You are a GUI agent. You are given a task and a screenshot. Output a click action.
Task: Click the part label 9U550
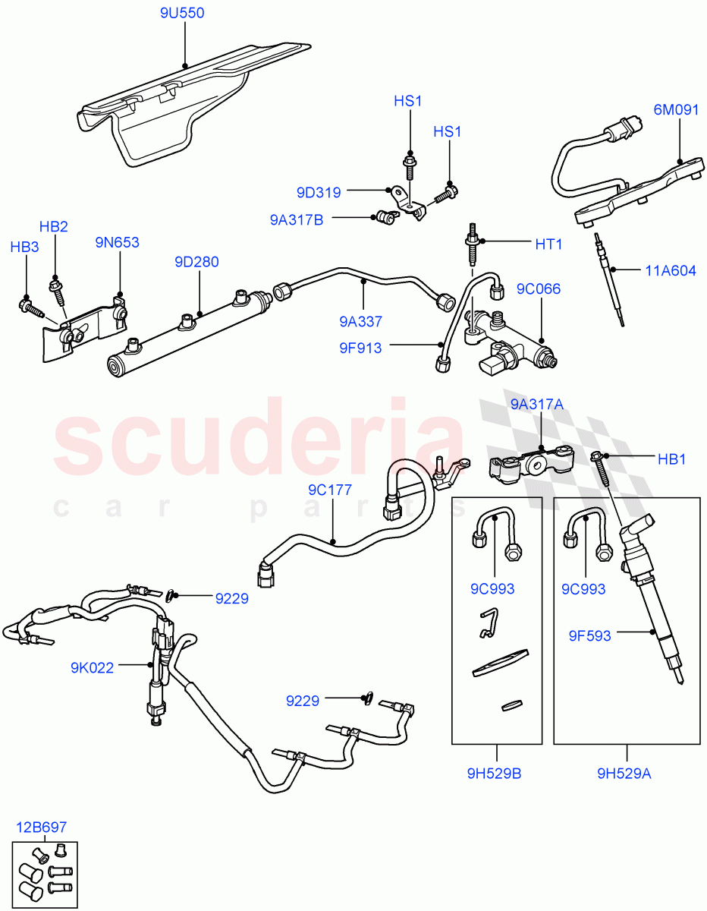click(x=182, y=14)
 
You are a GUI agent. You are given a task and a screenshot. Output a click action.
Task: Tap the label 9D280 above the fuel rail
click(x=196, y=262)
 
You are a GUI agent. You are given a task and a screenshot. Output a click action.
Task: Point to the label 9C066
click(x=539, y=289)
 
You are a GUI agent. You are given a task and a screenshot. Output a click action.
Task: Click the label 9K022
click(x=93, y=668)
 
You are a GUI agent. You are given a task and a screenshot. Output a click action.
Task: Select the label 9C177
click(x=329, y=490)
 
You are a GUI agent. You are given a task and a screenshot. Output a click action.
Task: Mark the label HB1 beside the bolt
click(x=671, y=459)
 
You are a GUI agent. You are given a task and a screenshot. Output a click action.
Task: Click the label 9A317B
click(x=297, y=219)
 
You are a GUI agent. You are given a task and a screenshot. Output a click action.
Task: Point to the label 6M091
click(x=677, y=109)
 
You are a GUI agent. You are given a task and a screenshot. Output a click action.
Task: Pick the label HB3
click(x=24, y=247)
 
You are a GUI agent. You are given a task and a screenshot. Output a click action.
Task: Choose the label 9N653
click(x=117, y=242)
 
